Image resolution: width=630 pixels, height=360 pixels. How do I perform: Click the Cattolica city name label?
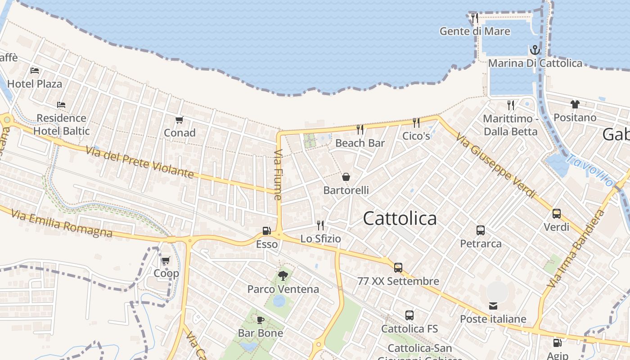[400, 219]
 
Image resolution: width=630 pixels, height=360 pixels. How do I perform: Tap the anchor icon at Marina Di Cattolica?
[535, 49]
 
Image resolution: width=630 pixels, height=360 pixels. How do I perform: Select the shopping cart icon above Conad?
[180, 120]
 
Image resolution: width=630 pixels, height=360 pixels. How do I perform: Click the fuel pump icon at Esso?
[266, 231]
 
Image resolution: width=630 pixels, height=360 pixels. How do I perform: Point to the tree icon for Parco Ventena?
[283, 275]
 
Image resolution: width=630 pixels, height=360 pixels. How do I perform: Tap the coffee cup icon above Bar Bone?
[260, 320]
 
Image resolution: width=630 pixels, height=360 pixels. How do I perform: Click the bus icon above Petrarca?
[481, 230]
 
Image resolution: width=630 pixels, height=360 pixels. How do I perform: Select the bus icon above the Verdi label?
[557, 214]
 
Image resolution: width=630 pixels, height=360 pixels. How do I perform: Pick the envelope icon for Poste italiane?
[493, 306]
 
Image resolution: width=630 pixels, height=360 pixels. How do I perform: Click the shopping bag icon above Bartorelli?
[346, 177]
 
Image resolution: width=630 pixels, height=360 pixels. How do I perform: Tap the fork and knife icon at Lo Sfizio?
[320, 225]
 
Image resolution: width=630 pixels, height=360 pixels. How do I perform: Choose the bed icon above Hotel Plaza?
[35, 71]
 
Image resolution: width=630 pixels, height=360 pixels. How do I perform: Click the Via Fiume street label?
[278, 175]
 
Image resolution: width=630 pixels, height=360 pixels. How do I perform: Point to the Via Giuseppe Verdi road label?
[496, 165]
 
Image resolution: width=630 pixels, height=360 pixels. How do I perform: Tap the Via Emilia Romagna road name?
[62, 223]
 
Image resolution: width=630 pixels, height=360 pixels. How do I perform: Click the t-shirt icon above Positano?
[575, 104]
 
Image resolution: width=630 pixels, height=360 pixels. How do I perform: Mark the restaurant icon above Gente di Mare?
[475, 18]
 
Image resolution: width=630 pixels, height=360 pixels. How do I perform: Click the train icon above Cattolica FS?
[409, 315]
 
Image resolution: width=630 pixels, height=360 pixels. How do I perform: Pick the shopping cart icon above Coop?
[166, 260]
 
